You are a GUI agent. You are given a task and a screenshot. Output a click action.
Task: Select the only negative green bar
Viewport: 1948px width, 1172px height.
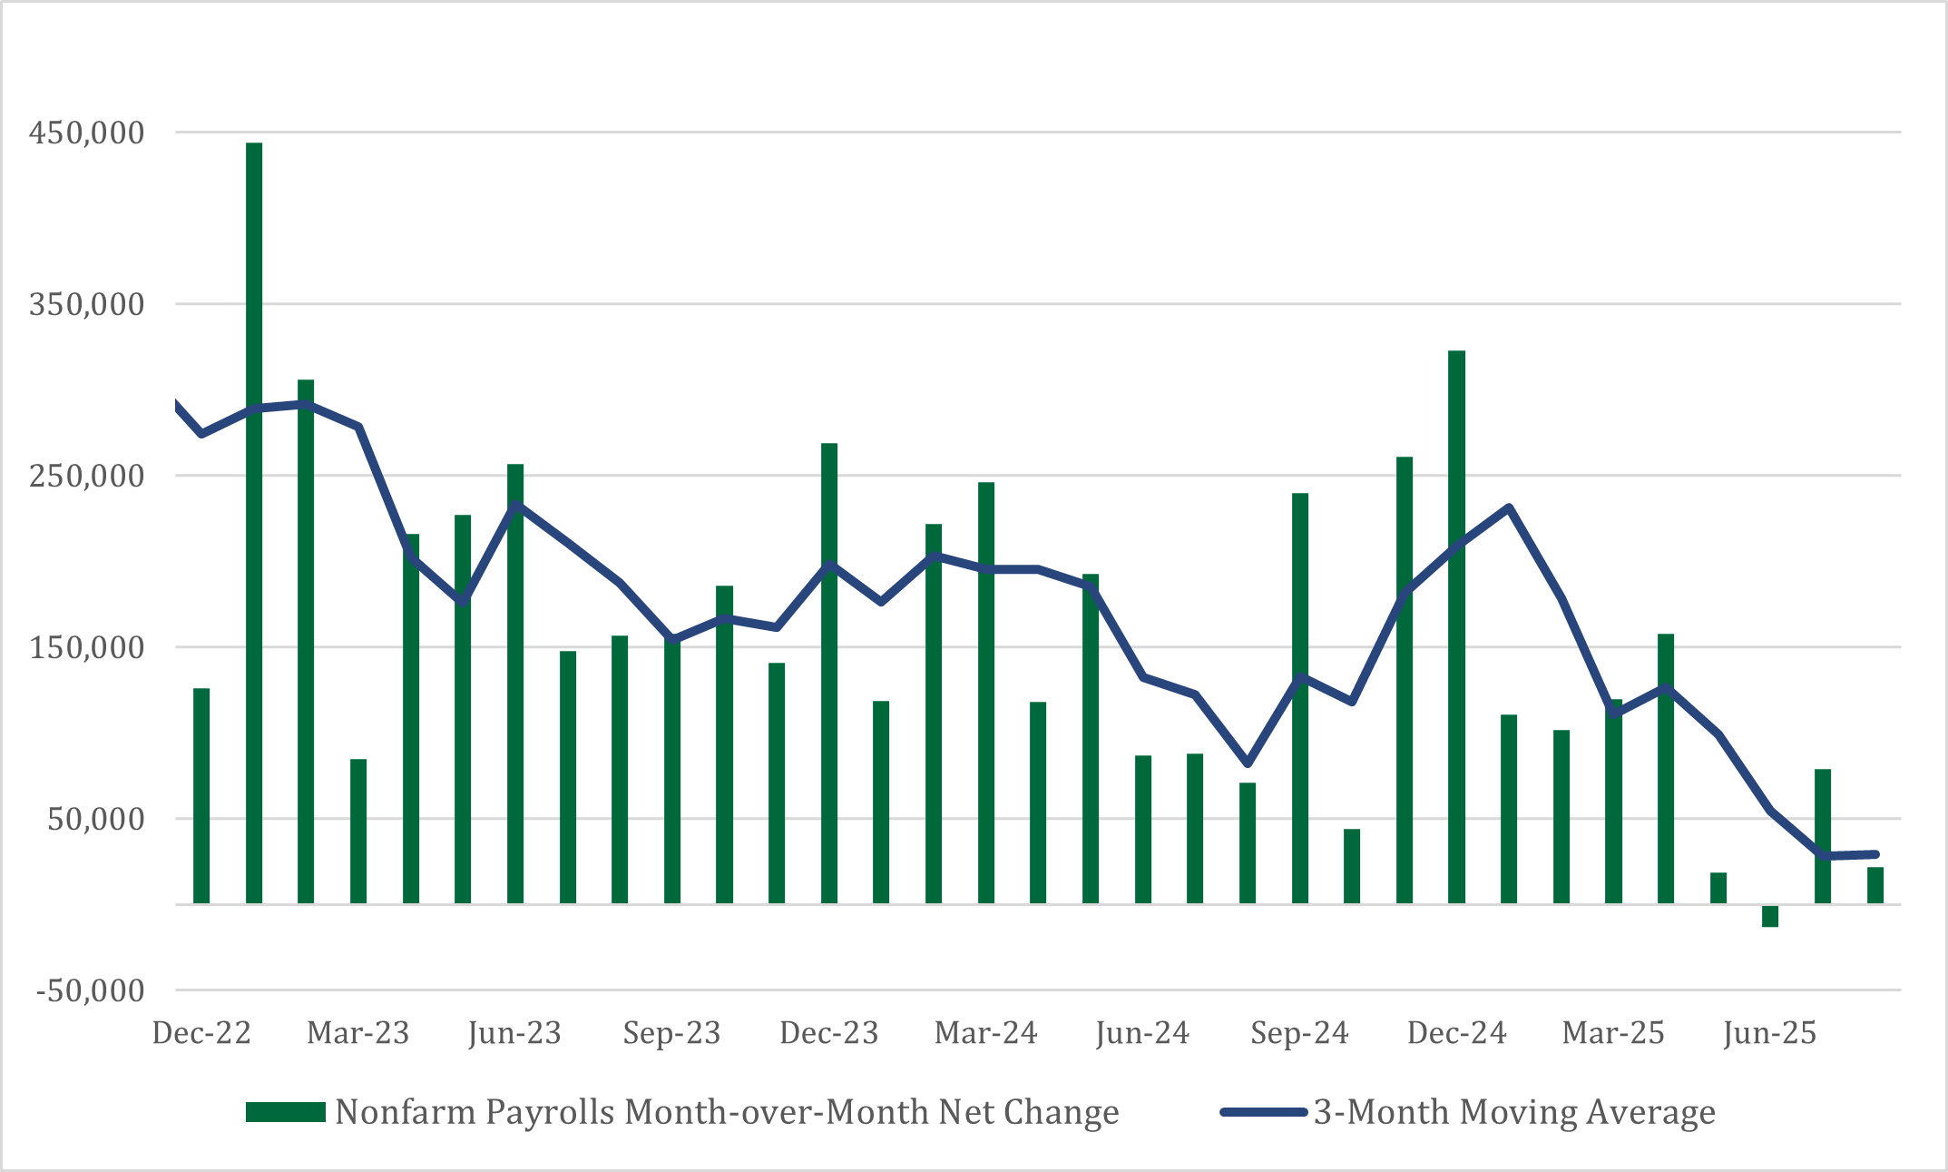click(x=1770, y=916)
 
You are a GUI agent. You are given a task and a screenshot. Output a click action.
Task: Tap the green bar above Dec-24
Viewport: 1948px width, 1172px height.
click(x=1456, y=626)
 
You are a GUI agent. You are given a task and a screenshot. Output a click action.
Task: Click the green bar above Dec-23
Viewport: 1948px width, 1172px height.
click(x=829, y=673)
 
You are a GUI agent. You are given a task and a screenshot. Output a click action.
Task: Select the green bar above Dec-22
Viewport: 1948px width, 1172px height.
click(x=201, y=795)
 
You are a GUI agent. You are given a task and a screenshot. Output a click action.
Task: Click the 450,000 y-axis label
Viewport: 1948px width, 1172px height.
click(x=86, y=133)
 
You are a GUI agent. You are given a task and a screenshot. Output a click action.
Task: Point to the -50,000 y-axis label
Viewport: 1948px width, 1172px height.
click(x=90, y=990)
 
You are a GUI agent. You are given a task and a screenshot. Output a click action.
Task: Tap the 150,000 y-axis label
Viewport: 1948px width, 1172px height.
click(x=86, y=647)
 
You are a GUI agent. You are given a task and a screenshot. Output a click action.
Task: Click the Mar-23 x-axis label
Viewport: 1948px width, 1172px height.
click(x=358, y=1033)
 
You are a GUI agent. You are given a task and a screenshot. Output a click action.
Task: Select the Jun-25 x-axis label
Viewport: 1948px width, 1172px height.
click(x=1769, y=1033)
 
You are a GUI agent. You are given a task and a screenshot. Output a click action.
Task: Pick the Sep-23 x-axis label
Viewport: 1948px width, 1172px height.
click(x=671, y=1033)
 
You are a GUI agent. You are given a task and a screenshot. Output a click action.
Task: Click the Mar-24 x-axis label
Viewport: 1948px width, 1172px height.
click(x=986, y=1033)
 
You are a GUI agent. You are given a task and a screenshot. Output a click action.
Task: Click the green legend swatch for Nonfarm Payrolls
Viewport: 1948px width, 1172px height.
click(x=285, y=1112)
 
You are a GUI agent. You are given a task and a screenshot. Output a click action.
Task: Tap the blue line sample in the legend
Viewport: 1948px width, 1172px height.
click(x=1263, y=1112)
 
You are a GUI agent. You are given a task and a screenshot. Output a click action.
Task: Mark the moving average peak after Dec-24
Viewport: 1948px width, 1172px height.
click(x=1508, y=507)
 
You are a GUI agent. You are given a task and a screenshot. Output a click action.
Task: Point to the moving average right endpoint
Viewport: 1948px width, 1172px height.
click(x=1875, y=854)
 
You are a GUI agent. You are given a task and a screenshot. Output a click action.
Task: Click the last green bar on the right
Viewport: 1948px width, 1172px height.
click(x=1875, y=885)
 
